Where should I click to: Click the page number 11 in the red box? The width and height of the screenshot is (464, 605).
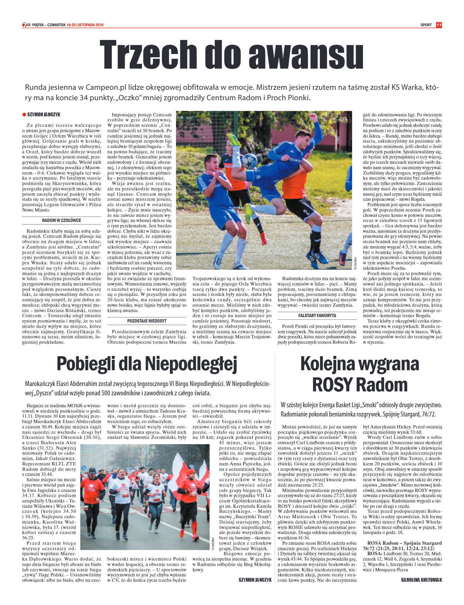pyautogui.click(x=439, y=25)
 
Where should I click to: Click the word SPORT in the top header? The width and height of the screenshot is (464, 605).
pyautogui.click(x=426, y=25)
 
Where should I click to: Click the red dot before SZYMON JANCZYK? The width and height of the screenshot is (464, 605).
pyautogui.click(x=24, y=115)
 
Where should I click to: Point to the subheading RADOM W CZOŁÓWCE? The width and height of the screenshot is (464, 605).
pyautogui.click(x=61, y=220)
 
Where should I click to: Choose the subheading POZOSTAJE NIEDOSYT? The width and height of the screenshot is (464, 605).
pyautogui.click(x=147, y=321)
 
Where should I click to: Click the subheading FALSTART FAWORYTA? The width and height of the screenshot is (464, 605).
pyautogui.click(x=317, y=316)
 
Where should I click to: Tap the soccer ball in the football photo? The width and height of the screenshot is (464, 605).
pyautogui.click(x=249, y=161)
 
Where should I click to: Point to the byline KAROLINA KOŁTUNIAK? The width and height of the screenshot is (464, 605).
pyautogui.click(x=421, y=580)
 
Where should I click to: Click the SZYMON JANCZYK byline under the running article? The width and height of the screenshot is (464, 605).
pyautogui.click(x=255, y=580)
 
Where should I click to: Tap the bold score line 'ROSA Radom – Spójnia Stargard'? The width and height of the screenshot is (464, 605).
pyautogui.click(x=404, y=543)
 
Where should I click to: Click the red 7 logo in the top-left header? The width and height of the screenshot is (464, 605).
pyautogui.click(x=25, y=25)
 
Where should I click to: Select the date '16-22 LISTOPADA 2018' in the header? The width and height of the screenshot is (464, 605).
pyautogui.click(x=85, y=25)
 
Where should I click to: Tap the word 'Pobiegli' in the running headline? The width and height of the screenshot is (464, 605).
pyautogui.click(x=85, y=364)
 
